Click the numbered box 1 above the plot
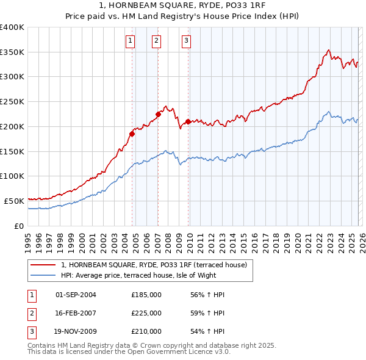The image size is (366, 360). point(131,41)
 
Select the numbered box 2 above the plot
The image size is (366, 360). point(157,41)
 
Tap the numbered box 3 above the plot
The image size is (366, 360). point(186,41)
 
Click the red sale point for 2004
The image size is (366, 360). point(132,134)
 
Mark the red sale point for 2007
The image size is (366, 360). point(158,113)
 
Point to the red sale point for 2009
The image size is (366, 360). point(188,121)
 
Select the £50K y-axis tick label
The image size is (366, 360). point(14,201)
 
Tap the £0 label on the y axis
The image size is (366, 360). point(19,226)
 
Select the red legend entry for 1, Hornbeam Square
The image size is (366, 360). point(154,265)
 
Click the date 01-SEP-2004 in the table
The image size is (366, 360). point(76,295)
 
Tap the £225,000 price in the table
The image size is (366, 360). point(146,313)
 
